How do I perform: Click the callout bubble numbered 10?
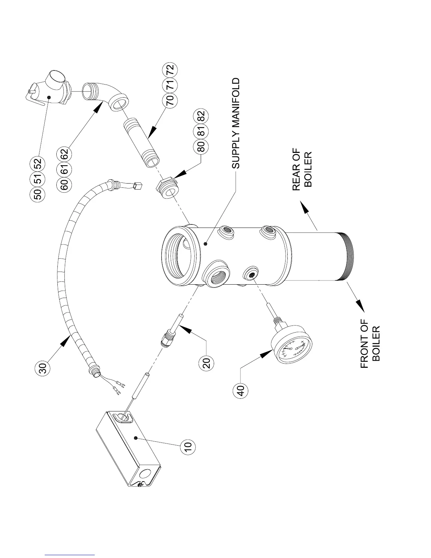[188, 445]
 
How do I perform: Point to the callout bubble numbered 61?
[65, 169]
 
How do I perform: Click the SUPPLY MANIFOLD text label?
[236, 123]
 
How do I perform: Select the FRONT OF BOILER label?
[370, 343]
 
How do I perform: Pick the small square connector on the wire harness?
[138, 185]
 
